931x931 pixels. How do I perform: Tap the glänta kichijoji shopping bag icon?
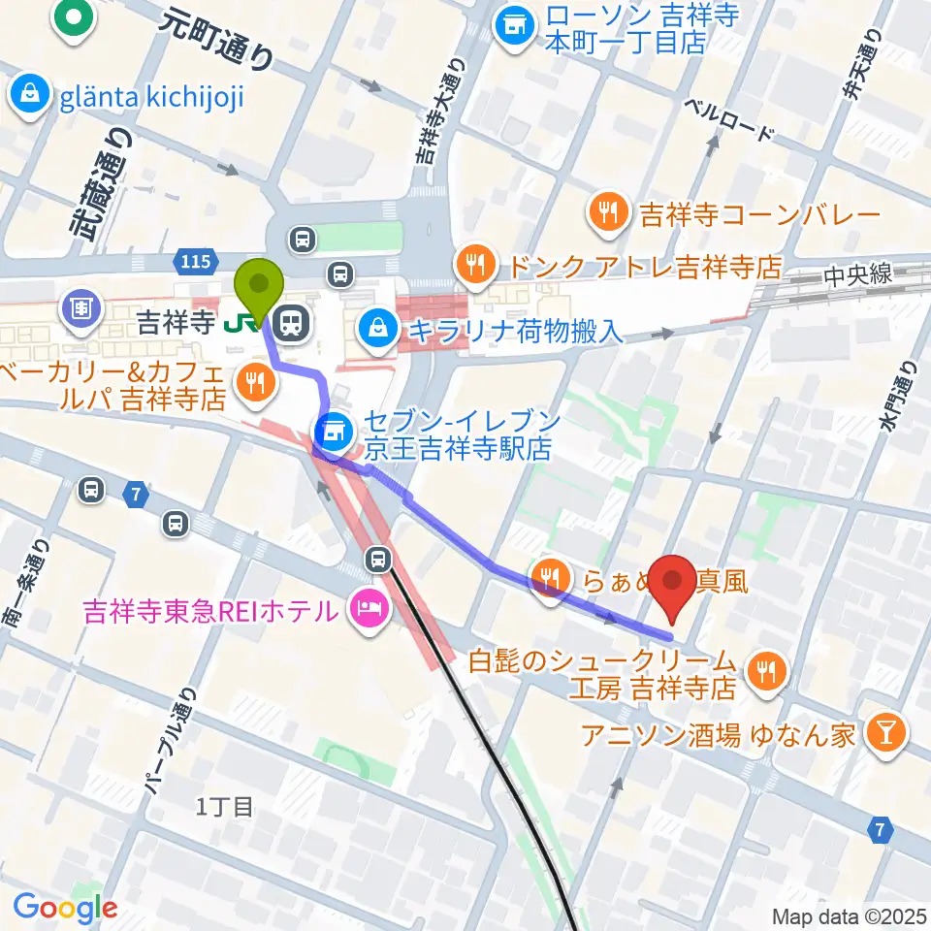click(x=31, y=95)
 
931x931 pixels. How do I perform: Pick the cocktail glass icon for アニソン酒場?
click(x=884, y=733)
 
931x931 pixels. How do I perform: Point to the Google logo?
click(x=65, y=908)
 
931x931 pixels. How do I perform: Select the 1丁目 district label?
click(x=224, y=805)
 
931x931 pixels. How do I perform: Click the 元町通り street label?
click(x=217, y=37)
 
